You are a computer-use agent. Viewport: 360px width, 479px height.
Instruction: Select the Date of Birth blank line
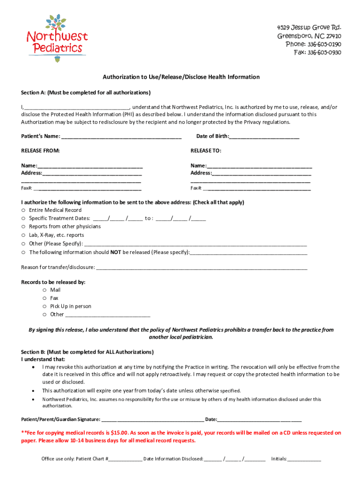264,137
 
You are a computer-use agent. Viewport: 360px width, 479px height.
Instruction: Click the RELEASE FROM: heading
41,151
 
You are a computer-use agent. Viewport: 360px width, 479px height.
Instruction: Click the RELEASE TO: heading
206,151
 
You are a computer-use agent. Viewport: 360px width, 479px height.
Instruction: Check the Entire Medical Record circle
23,210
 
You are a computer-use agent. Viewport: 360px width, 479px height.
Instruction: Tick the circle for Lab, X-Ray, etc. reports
23,235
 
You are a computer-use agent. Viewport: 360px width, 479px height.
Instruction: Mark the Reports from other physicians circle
23,227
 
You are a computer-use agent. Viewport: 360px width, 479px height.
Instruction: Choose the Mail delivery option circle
44,290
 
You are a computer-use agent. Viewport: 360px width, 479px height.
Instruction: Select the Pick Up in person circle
44,306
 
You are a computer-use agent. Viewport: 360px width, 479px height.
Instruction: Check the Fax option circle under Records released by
44,298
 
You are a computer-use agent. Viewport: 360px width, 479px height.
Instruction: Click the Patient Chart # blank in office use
125,459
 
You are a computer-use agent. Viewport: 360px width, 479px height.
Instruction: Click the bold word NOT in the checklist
115,252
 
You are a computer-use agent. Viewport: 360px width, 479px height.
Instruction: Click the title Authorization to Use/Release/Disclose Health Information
181,77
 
